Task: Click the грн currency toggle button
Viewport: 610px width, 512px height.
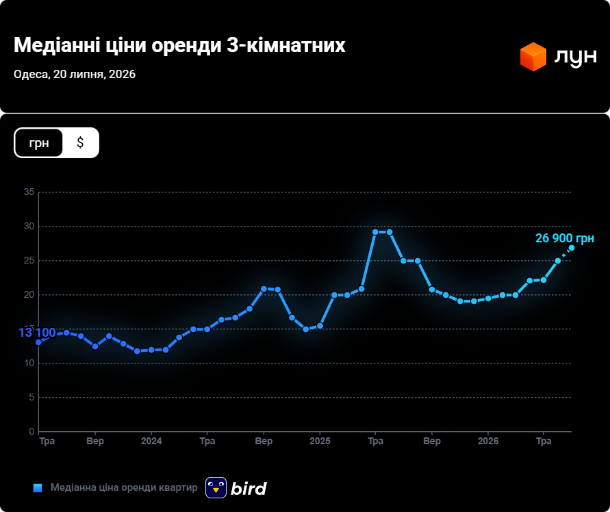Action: (x=39, y=143)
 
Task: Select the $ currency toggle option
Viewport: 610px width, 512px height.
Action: (x=80, y=143)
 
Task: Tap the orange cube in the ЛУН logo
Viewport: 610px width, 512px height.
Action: (x=533, y=57)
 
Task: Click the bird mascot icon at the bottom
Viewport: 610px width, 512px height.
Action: (x=216, y=487)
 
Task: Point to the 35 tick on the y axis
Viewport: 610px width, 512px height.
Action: (x=29, y=192)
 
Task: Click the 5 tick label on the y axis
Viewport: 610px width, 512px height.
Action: (x=32, y=398)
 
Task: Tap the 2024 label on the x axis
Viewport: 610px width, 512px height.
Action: (x=151, y=441)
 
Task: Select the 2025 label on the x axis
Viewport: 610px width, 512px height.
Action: (x=320, y=441)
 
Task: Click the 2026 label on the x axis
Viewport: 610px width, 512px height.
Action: (x=488, y=441)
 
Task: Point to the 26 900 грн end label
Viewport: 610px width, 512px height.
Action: (x=565, y=238)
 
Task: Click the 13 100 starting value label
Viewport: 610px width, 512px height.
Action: (x=38, y=333)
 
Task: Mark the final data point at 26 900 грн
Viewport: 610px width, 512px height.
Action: (x=572, y=248)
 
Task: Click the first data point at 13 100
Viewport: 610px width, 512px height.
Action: (x=38, y=342)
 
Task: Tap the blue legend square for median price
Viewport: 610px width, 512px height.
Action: (x=38, y=488)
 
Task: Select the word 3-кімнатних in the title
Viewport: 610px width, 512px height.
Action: (x=286, y=46)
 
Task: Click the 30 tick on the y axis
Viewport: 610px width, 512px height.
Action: (x=29, y=227)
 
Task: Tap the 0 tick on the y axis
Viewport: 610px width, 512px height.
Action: (x=32, y=432)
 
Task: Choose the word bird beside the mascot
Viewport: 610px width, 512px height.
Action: (x=249, y=488)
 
